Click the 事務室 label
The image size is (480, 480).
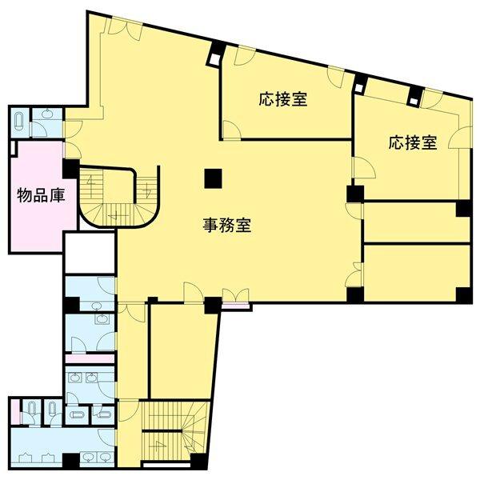tap(226, 226)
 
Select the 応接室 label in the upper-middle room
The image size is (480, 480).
tap(283, 99)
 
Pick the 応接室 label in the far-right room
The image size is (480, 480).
tap(414, 143)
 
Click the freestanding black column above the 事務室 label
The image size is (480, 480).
tap(212, 178)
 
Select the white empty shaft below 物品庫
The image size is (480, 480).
tap(90, 254)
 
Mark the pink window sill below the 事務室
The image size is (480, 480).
tap(236, 305)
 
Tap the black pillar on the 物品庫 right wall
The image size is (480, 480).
tap(71, 170)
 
